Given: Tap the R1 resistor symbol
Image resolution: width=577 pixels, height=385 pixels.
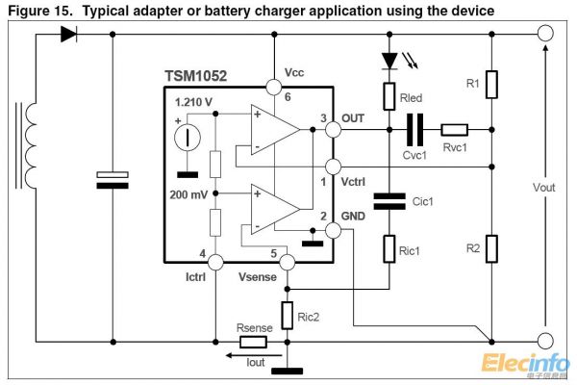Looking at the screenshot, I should [491, 85].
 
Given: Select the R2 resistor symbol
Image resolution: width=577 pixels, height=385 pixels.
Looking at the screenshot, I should [491, 248].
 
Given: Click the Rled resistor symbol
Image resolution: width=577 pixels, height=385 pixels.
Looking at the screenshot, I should [389, 95].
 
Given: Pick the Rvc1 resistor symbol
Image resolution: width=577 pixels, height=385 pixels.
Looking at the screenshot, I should [454, 128].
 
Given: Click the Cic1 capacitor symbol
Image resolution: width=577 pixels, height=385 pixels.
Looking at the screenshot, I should [389, 200].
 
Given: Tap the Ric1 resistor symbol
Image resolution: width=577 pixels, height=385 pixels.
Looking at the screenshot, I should [389, 249].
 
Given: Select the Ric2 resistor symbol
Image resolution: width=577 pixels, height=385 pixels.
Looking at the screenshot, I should [287, 314].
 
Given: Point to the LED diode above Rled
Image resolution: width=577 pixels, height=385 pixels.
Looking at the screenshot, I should [389, 61].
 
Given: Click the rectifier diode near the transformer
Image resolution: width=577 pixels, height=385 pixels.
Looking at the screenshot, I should [68, 34].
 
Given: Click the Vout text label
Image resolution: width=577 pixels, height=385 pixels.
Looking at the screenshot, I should [543, 186].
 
